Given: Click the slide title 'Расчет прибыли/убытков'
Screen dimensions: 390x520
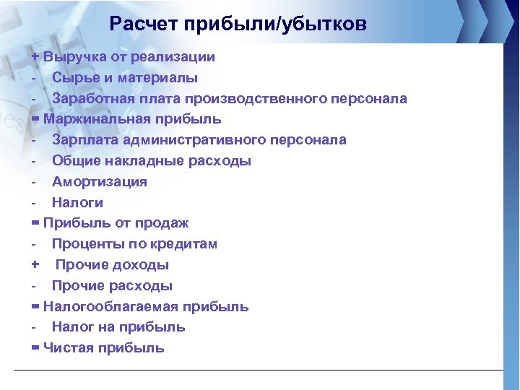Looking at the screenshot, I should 238,25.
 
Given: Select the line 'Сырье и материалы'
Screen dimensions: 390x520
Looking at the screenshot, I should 124,77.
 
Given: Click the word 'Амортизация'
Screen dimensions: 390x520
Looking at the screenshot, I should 99,182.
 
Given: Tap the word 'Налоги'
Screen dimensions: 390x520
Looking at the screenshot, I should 77,203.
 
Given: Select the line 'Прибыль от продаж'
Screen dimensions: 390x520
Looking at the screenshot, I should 116,223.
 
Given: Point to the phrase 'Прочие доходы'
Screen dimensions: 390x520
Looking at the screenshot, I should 112,265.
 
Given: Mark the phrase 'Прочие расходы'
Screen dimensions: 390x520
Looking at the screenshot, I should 112,286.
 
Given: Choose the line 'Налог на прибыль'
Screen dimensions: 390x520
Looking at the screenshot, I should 118,327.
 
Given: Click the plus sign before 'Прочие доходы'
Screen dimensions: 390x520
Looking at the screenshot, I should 35,265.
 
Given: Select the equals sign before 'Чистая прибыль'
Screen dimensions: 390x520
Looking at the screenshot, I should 35,347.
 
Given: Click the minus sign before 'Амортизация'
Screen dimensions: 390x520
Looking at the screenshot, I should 34,182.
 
